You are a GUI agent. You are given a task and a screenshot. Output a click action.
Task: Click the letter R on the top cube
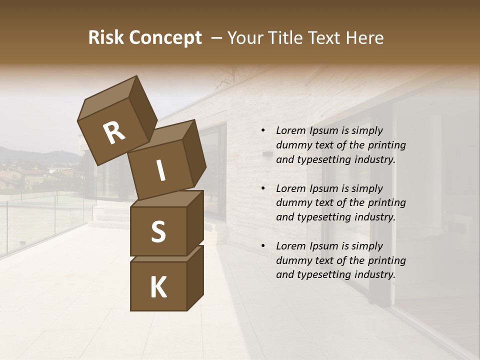pyautogui.click(x=114, y=133)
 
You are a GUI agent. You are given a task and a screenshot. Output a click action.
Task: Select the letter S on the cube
pyautogui.click(x=158, y=231)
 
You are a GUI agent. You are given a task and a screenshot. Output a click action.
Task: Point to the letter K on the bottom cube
pyautogui.click(x=158, y=287)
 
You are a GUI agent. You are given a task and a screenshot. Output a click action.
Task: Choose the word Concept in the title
pyautogui.click(x=164, y=38)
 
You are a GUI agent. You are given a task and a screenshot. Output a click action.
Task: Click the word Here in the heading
pyautogui.click(x=364, y=38)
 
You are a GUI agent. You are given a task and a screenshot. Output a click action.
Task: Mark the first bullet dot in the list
pyautogui.click(x=263, y=130)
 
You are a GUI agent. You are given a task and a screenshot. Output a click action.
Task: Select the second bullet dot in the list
pyautogui.click(x=263, y=188)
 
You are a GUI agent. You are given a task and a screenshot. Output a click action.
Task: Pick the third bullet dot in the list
pyautogui.click(x=263, y=246)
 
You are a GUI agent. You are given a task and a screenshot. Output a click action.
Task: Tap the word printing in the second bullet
pyautogui.click(x=388, y=203)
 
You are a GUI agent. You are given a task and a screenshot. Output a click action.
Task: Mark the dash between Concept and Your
pyautogui.click(x=217, y=38)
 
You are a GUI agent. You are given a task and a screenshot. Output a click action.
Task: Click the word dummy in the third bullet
pyautogui.click(x=293, y=260)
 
